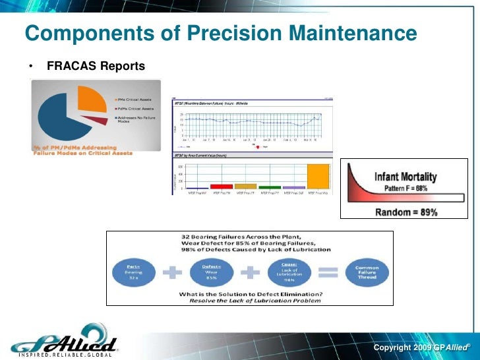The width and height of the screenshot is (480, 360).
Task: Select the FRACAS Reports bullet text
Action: [96, 67]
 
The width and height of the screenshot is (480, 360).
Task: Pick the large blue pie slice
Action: [63, 119]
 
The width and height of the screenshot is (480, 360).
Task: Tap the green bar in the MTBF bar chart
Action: [269, 187]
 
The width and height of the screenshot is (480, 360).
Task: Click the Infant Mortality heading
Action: [405, 177]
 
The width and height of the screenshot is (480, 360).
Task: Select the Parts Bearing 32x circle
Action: [134, 272]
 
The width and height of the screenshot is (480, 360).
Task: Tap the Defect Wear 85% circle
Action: [210, 272]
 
